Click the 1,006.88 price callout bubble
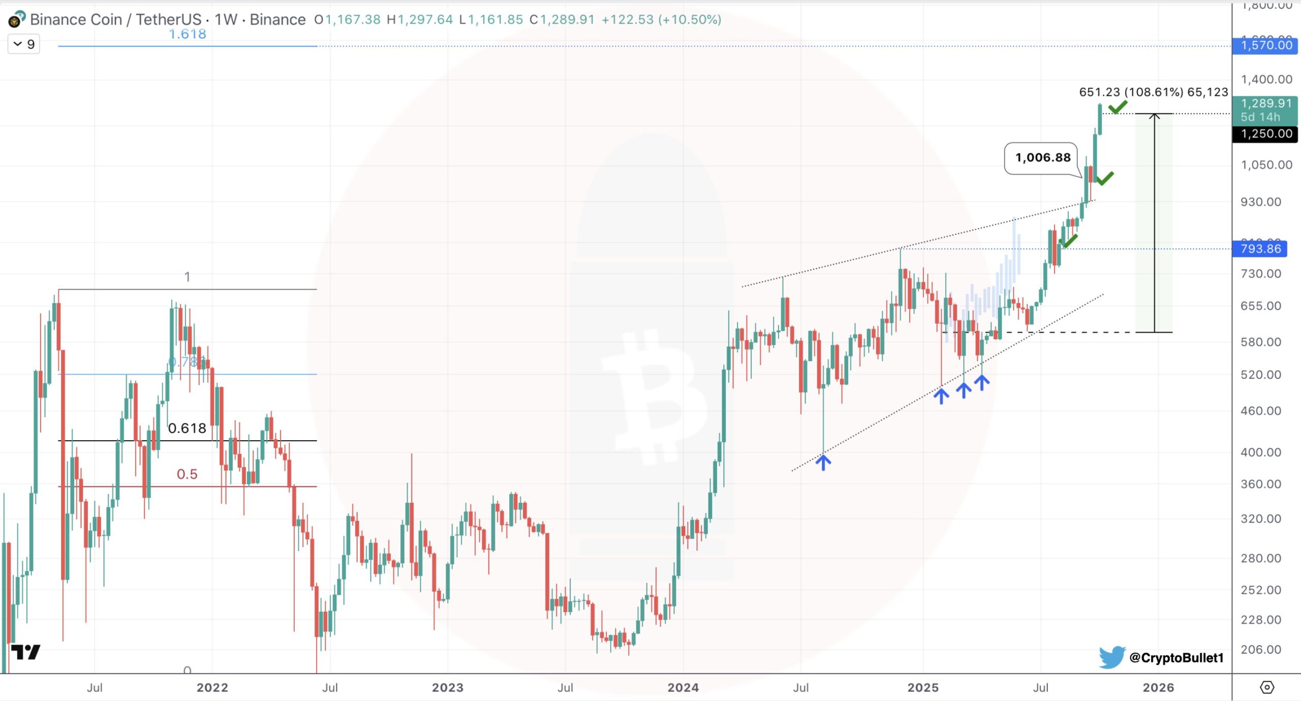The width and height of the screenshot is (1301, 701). pyautogui.click(x=1042, y=158)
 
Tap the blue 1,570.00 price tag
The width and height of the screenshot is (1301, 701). pyautogui.click(x=1265, y=46)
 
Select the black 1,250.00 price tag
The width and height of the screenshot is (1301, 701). pyautogui.click(x=1265, y=134)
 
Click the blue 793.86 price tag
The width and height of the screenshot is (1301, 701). pyautogui.click(x=1260, y=249)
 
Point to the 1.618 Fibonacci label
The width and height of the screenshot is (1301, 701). pyautogui.click(x=187, y=34)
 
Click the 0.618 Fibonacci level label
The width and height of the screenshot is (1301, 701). pyautogui.click(x=187, y=428)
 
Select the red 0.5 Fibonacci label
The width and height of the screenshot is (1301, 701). pyautogui.click(x=187, y=474)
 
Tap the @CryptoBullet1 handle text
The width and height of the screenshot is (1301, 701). pyautogui.click(x=1175, y=657)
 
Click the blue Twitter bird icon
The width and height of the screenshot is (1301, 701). pyautogui.click(x=1111, y=657)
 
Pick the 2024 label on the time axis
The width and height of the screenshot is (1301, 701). pyautogui.click(x=683, y=687)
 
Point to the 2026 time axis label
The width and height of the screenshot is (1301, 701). pyautogui.click(x=1158, y=687)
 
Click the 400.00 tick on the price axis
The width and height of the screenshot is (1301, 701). pyautogui.click(x=1260, y=452)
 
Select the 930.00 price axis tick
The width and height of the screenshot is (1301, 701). pyautogui.click(x=1260, y=202)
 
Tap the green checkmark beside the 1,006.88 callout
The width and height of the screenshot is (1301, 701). pyautogui.click(x=1105, y=178)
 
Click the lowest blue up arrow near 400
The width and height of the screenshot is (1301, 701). pyautogui.click(x=823, y=462)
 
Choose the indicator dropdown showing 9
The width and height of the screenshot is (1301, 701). pyautogui.click(x=24, y=44)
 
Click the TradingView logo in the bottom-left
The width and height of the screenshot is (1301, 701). pyautogui.click(x=25, y=652)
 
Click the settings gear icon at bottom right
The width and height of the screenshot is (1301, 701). pyautogui.click(x=1267, y=687)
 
